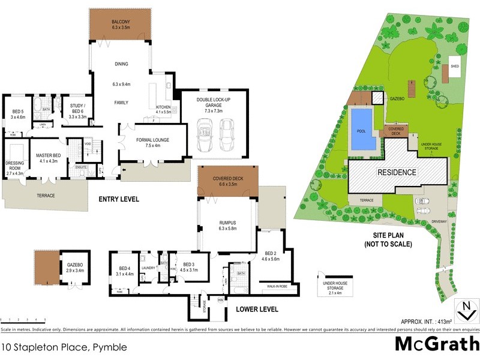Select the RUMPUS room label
(x=228, y=224)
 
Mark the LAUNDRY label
(x=148, y=268)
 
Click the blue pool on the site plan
(x=362, y=129)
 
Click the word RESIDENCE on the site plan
(x=397, y=172)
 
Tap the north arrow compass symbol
(x=466, y=311)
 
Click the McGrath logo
(x=436, y=344)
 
